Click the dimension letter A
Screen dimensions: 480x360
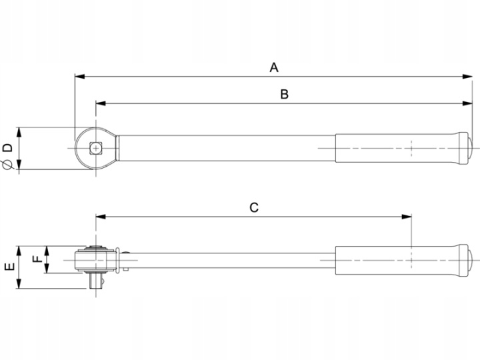click(x=274, y=67)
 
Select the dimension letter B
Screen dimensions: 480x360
click(x=285, y=94)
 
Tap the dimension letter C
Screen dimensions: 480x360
click(x=254, y=207)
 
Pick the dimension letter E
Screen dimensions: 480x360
click(x=9, y=267)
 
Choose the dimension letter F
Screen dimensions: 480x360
click(x=37, y=259)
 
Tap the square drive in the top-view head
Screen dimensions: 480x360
click(x=96, y=149)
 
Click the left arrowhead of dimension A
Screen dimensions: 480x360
click(x=79, y=77)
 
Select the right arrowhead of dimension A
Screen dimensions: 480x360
click(x=467, y=77)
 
